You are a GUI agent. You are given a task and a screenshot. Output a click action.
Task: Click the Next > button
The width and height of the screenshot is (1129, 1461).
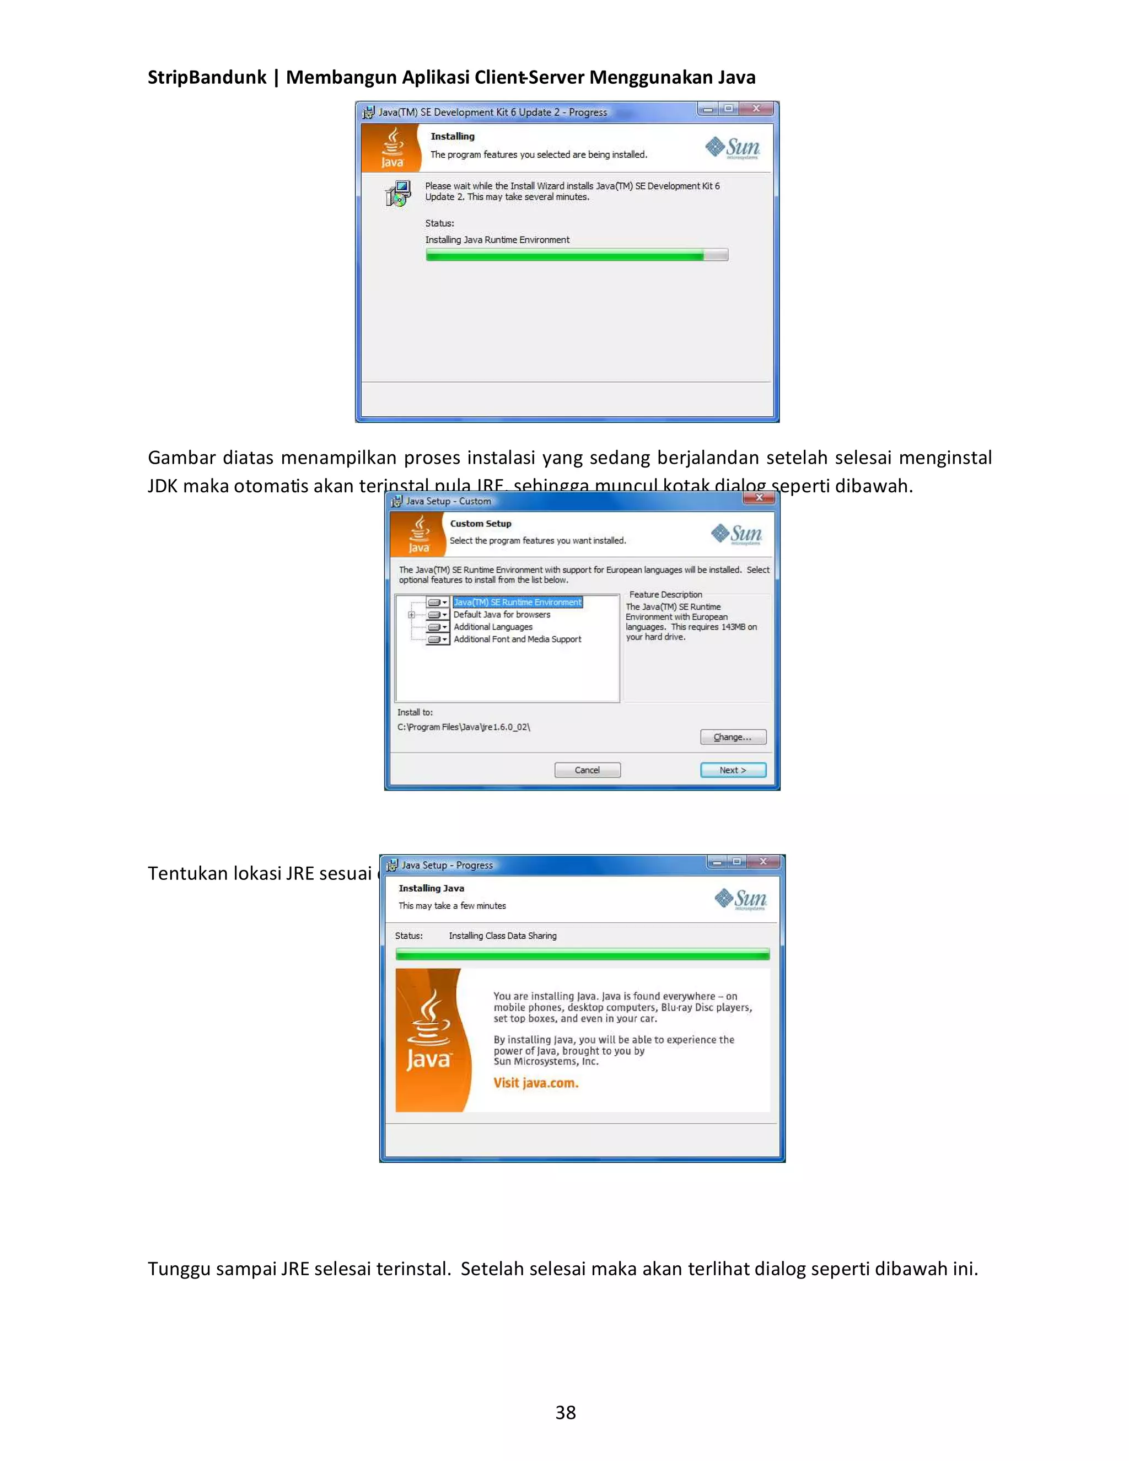point(733,770)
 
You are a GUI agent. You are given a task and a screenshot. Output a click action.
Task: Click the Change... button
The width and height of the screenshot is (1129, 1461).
point(733,737)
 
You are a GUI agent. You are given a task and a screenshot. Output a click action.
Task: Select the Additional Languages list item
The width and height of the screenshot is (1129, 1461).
point(493,627)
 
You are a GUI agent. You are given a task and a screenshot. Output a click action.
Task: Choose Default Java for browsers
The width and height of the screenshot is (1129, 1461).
point(502,615)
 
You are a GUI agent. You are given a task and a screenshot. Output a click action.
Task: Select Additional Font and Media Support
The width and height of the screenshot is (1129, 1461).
point(517,640)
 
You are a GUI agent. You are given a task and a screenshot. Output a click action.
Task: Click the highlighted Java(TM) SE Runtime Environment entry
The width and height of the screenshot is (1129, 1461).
point(517,602)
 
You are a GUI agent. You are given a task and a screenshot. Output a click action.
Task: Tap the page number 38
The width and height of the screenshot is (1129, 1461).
point(565,1412)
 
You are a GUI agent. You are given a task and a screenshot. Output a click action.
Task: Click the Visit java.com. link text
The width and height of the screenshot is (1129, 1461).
point(536,1083)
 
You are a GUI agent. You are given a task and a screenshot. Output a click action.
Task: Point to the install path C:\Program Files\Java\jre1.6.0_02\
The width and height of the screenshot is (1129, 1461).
point(464,727)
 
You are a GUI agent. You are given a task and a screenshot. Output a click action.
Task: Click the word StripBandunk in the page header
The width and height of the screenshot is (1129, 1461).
point(207,78)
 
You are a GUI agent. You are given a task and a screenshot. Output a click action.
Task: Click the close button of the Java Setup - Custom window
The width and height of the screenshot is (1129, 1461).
point(759,498)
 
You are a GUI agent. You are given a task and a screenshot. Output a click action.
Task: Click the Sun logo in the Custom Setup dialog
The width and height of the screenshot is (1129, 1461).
point(736,534)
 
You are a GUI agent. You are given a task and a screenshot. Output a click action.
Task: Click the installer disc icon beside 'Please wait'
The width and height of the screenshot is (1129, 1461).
point(399,194)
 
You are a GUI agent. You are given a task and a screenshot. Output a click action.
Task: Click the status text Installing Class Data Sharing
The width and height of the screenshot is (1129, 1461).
point(502,936)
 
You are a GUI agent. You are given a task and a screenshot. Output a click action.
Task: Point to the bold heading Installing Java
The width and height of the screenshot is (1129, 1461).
point(432,888)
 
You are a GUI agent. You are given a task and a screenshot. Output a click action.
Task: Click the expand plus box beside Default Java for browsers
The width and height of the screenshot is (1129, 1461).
point(411,615)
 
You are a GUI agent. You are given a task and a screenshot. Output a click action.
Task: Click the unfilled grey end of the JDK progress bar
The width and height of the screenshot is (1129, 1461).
point(716,255)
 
